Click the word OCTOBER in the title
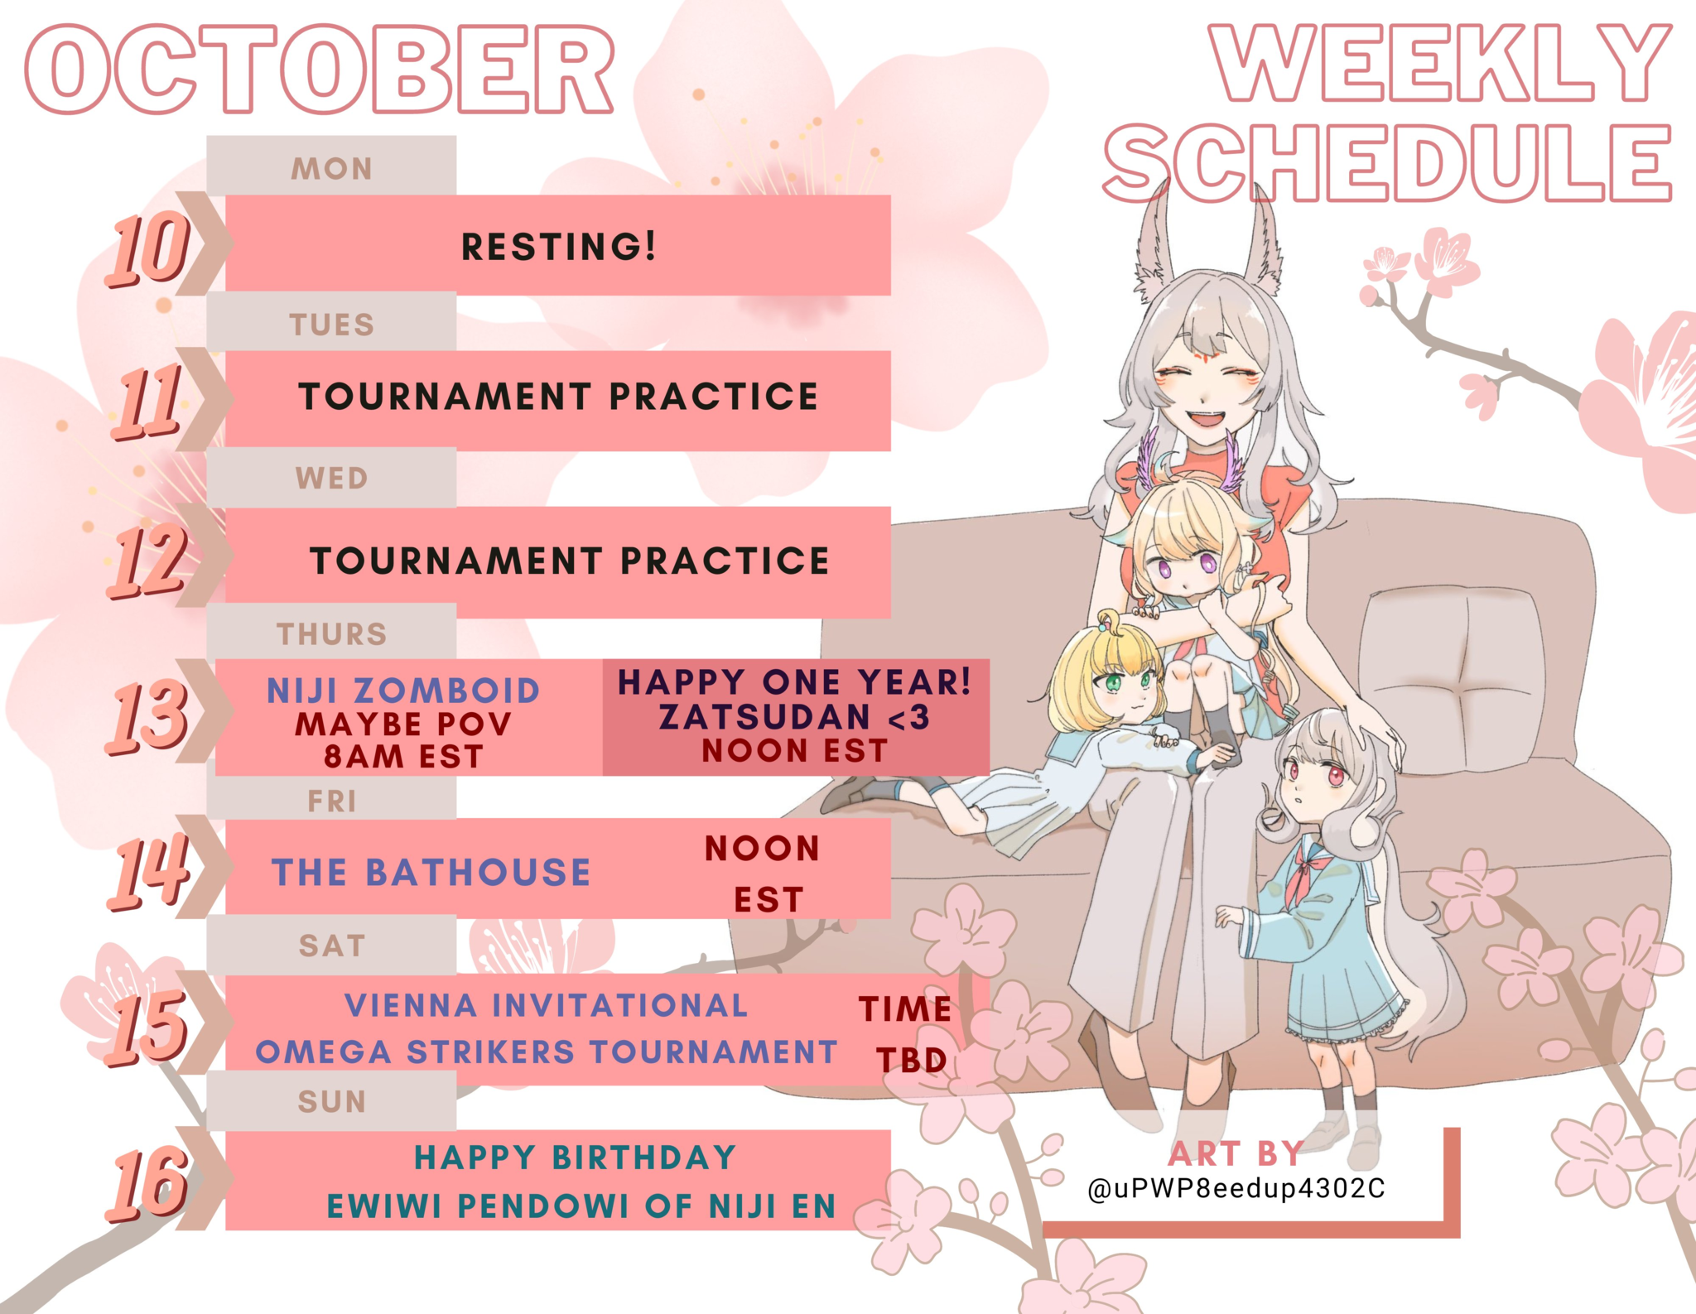[x=320, y=70]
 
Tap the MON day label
[x=331, y=169]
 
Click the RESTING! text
[x=558, y=247]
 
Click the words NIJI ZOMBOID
[x=403, y=691]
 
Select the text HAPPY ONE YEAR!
[x=794, y=682]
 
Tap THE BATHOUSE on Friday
[x=431, y=873]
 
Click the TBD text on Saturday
[x=912, y=1061]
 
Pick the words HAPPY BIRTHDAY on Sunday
[x=575, y=1158]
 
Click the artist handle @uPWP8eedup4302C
[x=1236, y=1189]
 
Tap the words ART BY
[x=1236, y=1153]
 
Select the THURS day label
[x=331, y=634]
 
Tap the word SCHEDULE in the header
[x=1388, y=163]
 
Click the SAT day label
[x=331, y=946]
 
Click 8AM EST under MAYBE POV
[x=403, y=757]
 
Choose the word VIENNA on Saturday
[x=411, y=1005]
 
